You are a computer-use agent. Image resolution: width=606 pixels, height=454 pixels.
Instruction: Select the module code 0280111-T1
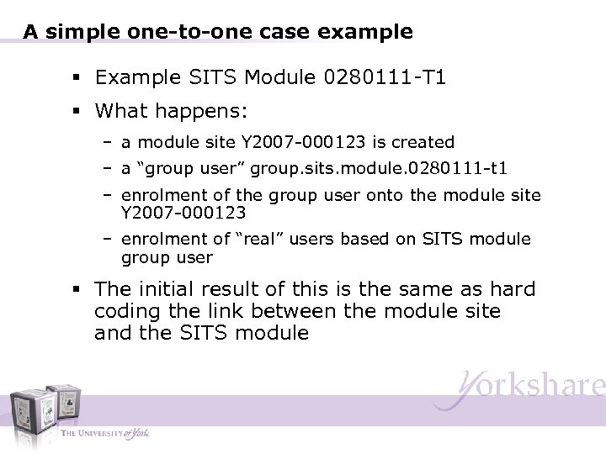385,78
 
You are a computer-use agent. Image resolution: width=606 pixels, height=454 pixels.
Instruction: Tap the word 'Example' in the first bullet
130,78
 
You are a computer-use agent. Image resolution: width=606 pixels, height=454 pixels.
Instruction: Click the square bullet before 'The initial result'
77,290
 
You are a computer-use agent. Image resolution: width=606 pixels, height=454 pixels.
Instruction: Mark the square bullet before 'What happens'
77,111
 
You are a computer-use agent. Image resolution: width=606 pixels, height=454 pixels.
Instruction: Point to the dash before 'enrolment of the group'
109,195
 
